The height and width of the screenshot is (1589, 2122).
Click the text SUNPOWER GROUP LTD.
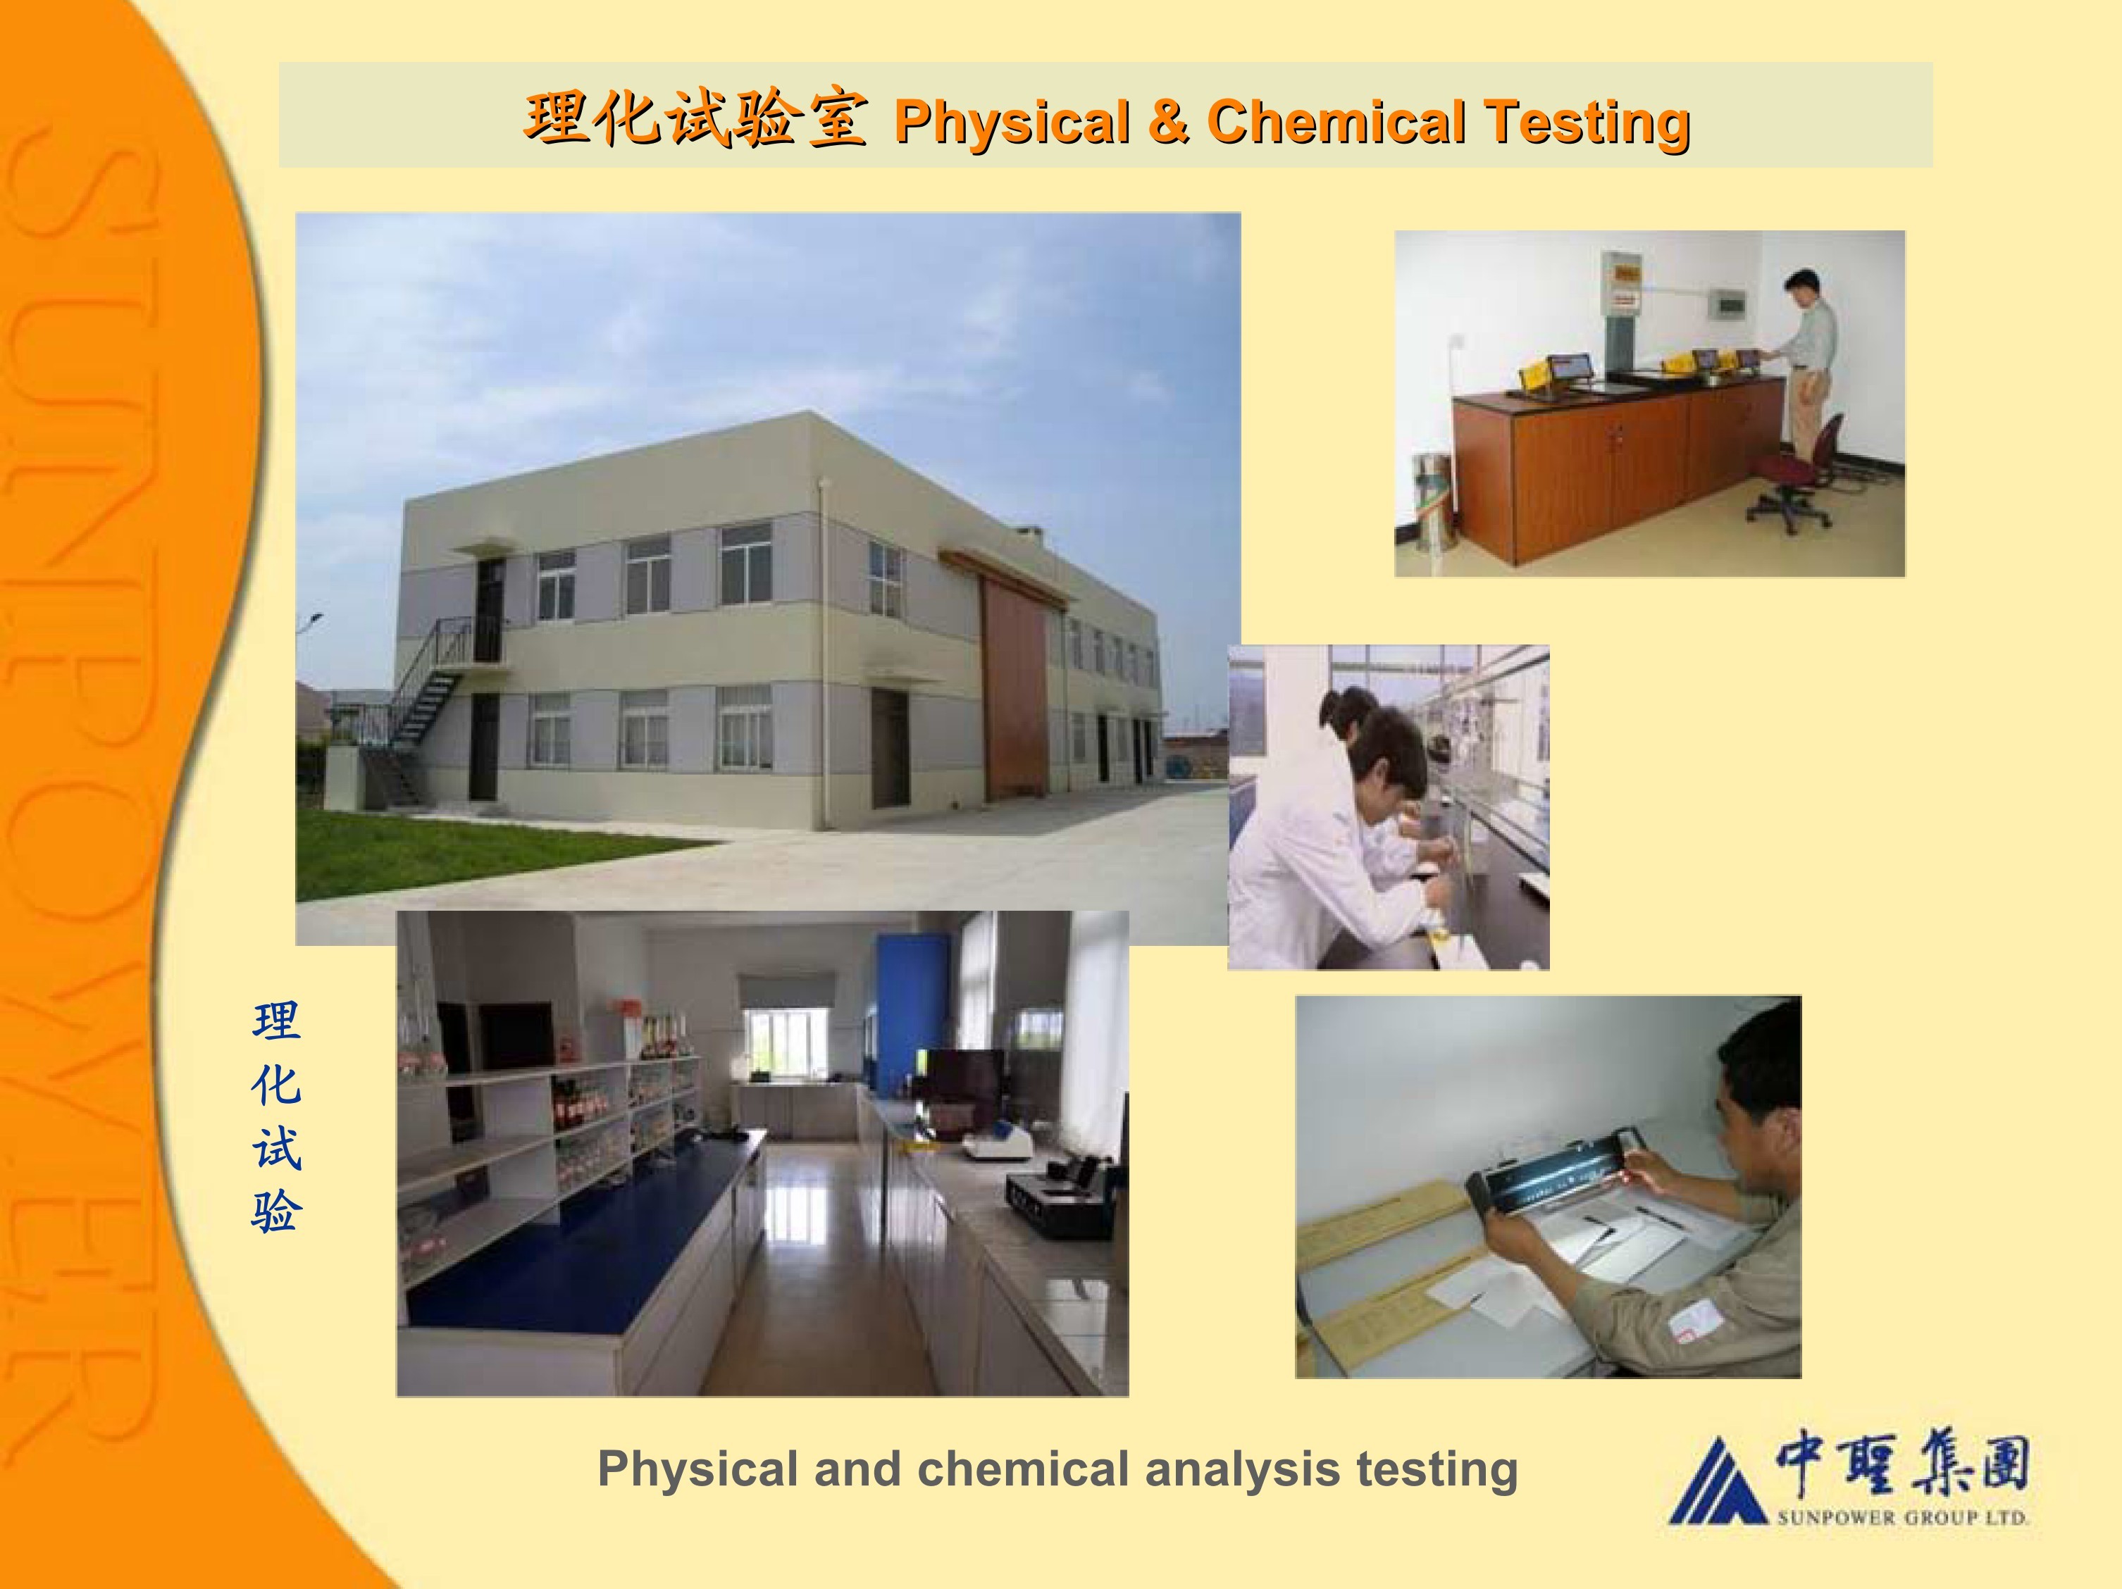(x=1902, y=1518)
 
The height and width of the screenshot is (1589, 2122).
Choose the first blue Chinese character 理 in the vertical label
(x=276, y=1021)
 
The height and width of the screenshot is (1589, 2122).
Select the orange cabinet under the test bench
(x=1612, y=470)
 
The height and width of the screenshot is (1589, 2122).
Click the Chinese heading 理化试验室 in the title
(x=695, y=119)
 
